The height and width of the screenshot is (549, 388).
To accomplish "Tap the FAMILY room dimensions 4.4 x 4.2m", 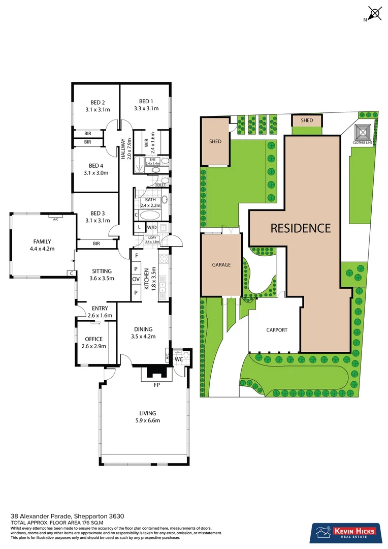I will coord(43,249).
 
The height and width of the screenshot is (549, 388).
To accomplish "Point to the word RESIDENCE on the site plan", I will coord(300,228).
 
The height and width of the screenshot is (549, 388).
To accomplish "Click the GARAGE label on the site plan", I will coord(221,265).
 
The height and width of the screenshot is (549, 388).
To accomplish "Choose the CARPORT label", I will coord(277,330).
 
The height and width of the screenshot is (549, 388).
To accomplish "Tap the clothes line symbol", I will coord(363,133).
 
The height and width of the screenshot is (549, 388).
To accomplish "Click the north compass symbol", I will coord(375,14).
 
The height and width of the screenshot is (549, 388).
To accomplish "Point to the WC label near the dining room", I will coord(179,359).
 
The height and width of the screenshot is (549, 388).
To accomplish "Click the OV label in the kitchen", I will coord(136,280).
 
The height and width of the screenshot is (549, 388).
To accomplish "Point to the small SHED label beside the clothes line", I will coord(307,120).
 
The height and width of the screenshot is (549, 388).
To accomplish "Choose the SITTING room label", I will coord(101,271).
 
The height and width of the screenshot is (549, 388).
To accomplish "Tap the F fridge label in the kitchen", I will coord(136,256).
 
